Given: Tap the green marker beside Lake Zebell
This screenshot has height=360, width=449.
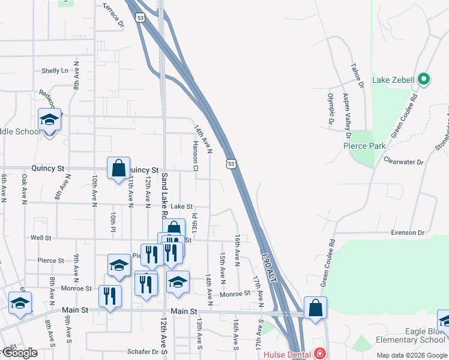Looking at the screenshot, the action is pyautogui.click(x=423, y=79).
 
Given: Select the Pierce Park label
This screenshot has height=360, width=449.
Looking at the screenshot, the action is pyautogui.click(x=364, y=146).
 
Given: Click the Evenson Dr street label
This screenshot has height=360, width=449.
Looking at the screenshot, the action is pyautogui.click(x=408, y=232).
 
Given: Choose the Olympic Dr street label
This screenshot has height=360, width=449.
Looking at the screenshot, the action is pyautogui.click(x=330, y=110).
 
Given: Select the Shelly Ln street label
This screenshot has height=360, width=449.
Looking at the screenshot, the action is pyautogui.click(x=55, y=71).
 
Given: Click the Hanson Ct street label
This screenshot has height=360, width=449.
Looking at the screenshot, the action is pyautogui.click(x=195, y=157).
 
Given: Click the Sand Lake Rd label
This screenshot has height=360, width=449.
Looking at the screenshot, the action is pyautogui.click(x=164, y=196).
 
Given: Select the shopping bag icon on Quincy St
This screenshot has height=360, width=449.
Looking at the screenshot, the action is pyautogui.click(x=119, y=167).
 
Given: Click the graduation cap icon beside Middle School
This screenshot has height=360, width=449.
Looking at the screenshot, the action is pyautogui.click(x=49, y=119).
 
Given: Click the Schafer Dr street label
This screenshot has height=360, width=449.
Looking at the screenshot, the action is pyautogui.click(x=142, y=352).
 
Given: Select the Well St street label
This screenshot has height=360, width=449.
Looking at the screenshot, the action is pyautogui.click(x=41, y=238).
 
